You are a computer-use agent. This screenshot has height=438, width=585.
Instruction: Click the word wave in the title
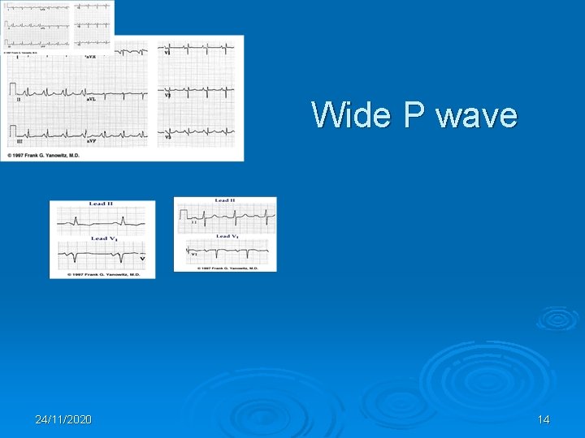tap(476, 115)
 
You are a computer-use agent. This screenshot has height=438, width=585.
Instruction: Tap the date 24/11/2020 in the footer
tap(63, 419)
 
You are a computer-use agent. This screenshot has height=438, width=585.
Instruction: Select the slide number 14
tap(543, 419)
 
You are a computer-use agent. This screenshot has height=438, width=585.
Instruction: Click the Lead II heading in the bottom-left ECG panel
tap(102, 204)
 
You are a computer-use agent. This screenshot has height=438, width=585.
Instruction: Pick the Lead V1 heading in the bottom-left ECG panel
tap(102, 238)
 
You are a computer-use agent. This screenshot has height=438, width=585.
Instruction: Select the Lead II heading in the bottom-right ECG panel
tap(225, 200)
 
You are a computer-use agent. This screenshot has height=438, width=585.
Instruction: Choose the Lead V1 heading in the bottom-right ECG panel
tap(226, 236)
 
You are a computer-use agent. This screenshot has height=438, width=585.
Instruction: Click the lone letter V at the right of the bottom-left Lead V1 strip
tap(142, 259)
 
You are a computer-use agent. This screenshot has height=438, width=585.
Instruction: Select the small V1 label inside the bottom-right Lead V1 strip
tap(194, 254)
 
